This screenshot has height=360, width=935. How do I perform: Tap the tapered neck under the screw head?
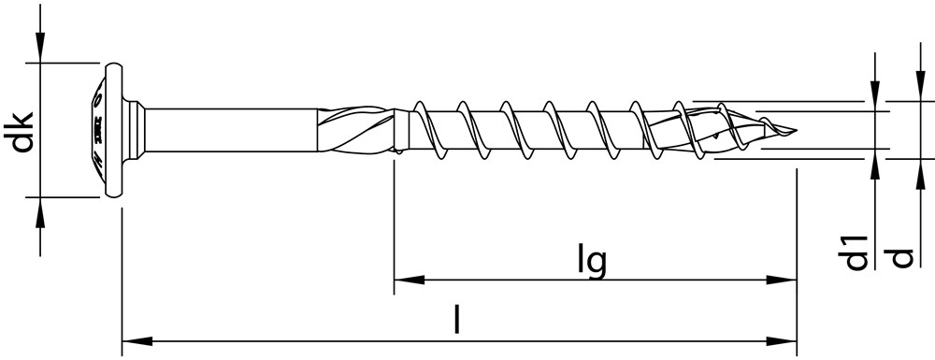[x=137, y=130]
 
